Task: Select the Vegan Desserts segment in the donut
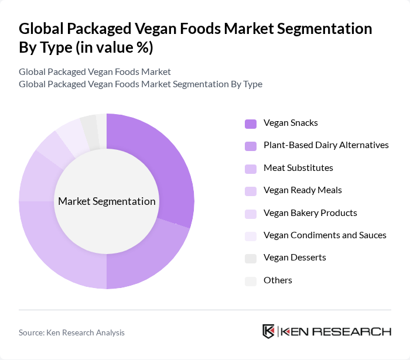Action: tap(89, 125)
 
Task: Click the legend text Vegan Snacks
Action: tap(291, 123)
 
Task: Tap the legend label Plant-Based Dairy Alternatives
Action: tap(326, 145)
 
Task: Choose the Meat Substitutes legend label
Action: tap(298, 168)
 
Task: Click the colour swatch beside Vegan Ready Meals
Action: tap(251, 191)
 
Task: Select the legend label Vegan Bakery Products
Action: tap(310, 213)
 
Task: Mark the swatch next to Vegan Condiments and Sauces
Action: tap(251, 236)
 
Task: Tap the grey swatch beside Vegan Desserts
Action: tap(251, 258)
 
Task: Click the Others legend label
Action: tap(278, 280)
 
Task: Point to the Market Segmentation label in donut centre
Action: tap(107, 201)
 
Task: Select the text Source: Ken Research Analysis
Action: tap(71, 332)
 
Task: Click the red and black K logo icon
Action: tap(269, 331)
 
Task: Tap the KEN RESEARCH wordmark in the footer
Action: tap(336, 332)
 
